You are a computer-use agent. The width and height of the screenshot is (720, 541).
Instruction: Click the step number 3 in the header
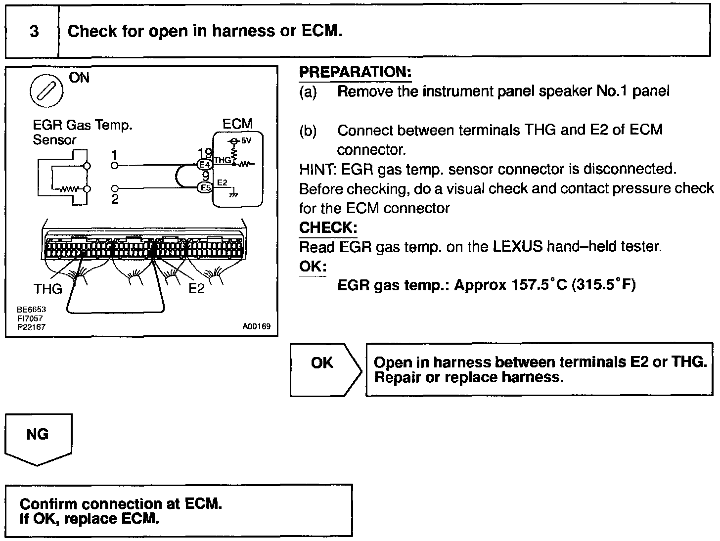(x=34, y=32)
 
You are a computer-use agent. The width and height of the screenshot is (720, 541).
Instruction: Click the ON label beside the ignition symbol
(x=80, y=78)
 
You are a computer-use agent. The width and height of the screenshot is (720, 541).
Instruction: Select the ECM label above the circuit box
(x=237, y=124)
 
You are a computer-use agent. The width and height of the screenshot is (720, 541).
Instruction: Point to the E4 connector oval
(x=205, y=164)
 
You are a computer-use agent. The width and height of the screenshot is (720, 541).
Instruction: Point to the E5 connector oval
(x=205, y=187)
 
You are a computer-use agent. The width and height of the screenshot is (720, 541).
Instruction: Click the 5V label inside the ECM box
(x=246, y=140)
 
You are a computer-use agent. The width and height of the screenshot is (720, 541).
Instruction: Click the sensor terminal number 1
(x=115, y=155)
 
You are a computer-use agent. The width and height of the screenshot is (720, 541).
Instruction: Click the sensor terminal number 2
(x=115, y=199)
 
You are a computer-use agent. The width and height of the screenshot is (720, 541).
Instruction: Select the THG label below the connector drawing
(x=47, y=288)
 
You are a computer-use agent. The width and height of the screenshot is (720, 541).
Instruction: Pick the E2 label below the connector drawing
(x=196, y=288)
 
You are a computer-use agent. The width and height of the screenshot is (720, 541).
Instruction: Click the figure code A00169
(x=257, y=327)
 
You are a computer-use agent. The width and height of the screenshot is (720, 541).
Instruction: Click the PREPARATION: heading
(x=355, y=72)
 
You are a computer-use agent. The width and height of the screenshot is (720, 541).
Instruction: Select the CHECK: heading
(x=328, y=227)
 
